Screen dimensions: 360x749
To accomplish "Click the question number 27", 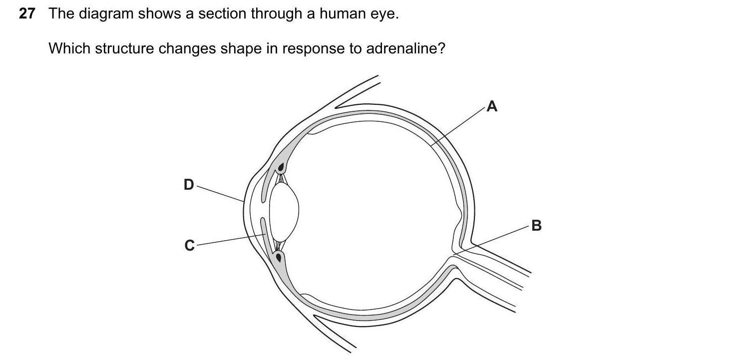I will (27, 14).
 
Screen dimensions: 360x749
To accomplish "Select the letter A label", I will (492, 106).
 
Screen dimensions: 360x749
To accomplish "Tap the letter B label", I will (536, 226).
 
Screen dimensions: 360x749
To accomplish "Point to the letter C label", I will (189, 245).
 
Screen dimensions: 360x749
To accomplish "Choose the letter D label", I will (188, 185).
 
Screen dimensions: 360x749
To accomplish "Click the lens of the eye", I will (284, 211).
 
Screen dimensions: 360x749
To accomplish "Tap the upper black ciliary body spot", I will (281, 167).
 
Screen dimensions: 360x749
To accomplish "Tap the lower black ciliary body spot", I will (279, 258).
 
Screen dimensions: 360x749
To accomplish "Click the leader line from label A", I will (459, 125).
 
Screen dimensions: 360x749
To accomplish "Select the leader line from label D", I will (220, 193).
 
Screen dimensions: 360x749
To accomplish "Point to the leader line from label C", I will (230, 240).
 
